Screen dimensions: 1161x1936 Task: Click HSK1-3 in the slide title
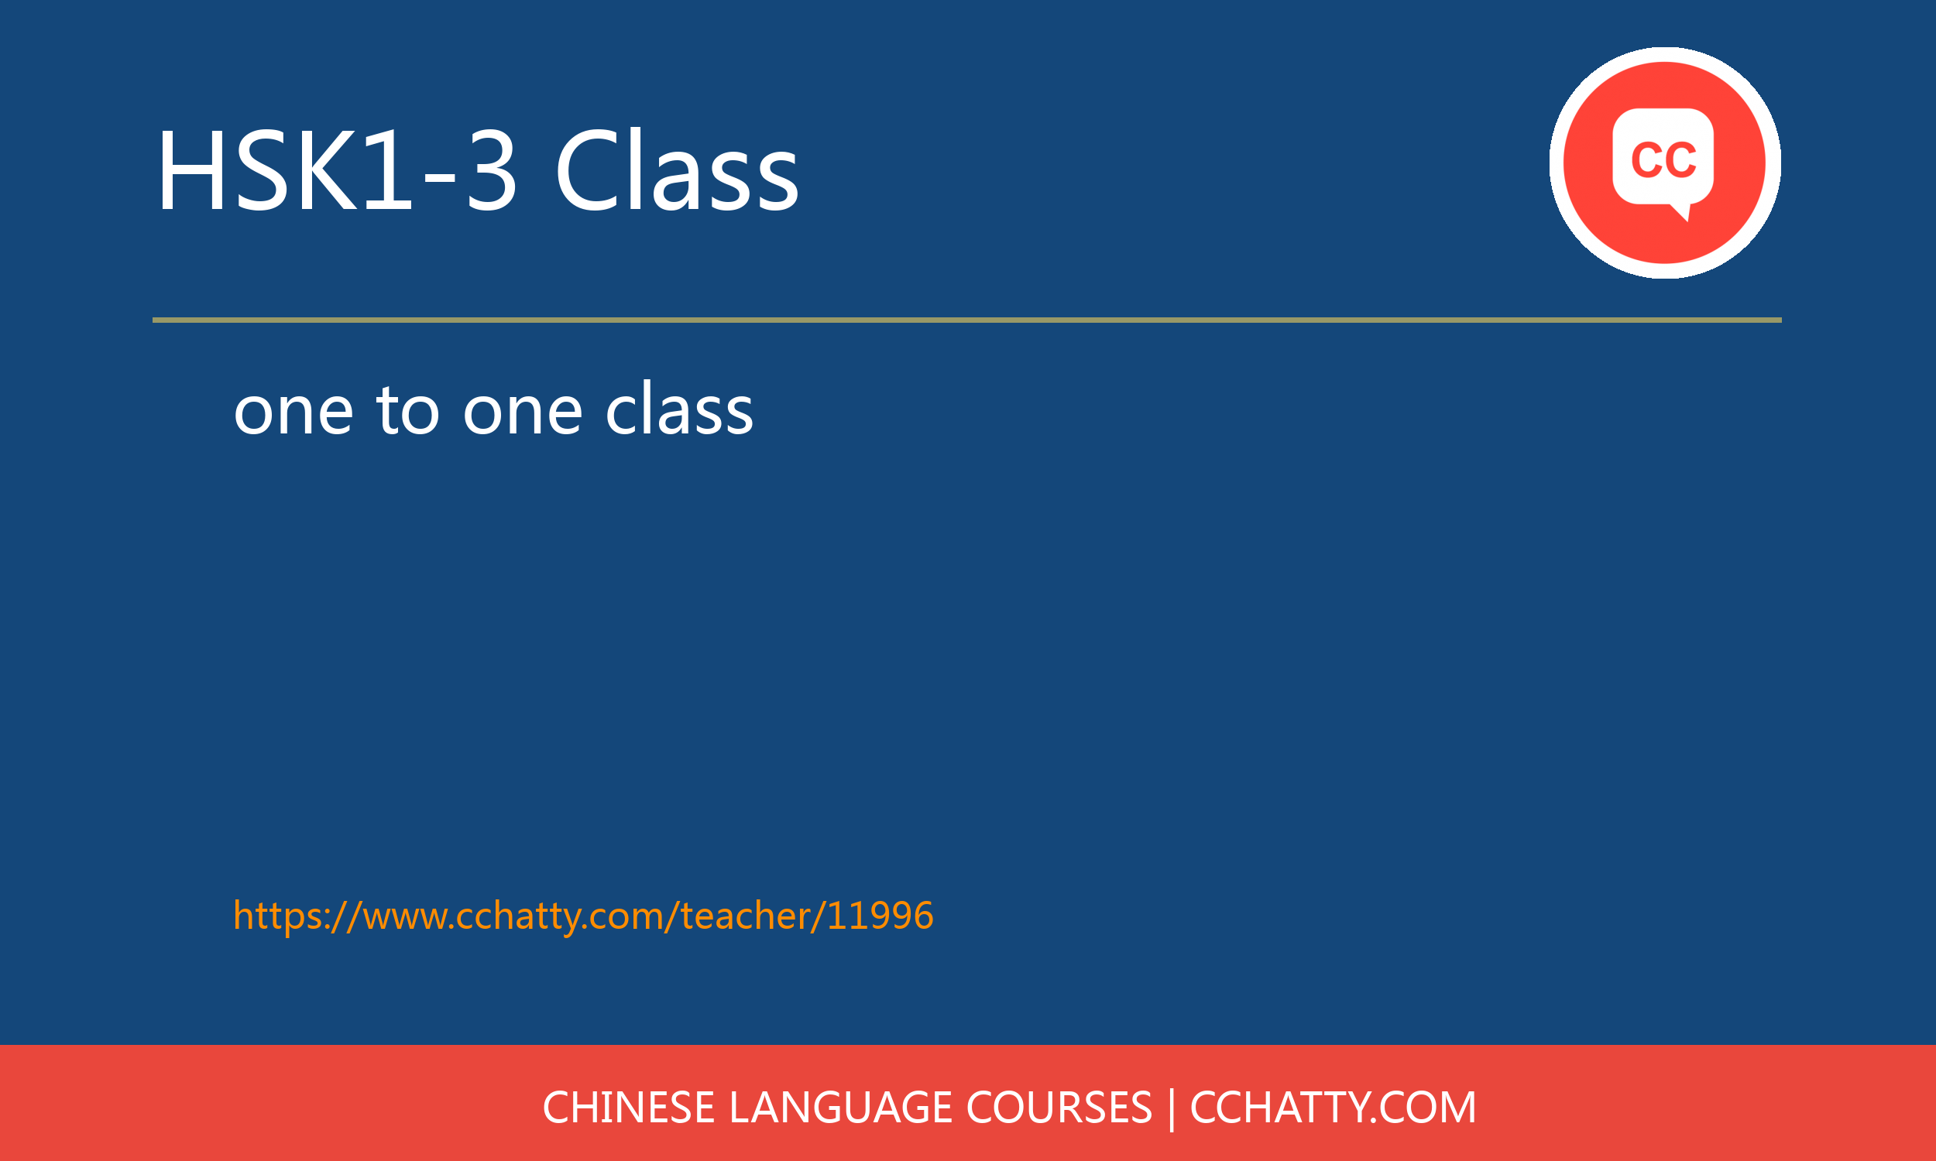point(337,170)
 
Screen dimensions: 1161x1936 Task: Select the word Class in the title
point(677,170)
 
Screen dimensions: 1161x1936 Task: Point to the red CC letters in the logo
point(1663,159)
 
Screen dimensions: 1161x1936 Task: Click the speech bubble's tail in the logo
point(1682,212)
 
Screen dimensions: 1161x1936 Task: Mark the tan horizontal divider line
point(966,320)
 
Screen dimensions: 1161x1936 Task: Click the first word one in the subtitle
point(293,411)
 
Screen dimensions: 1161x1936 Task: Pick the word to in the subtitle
point(407,409)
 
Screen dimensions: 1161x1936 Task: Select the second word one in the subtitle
point(523,411)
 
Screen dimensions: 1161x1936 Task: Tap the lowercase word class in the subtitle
point(679,409)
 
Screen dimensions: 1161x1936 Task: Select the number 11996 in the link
point(880,916)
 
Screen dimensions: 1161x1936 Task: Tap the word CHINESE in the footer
point(628,1108)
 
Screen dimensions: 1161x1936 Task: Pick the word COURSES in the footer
point(1059,1108)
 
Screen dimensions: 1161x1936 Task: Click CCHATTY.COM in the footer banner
point(1333,1108)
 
